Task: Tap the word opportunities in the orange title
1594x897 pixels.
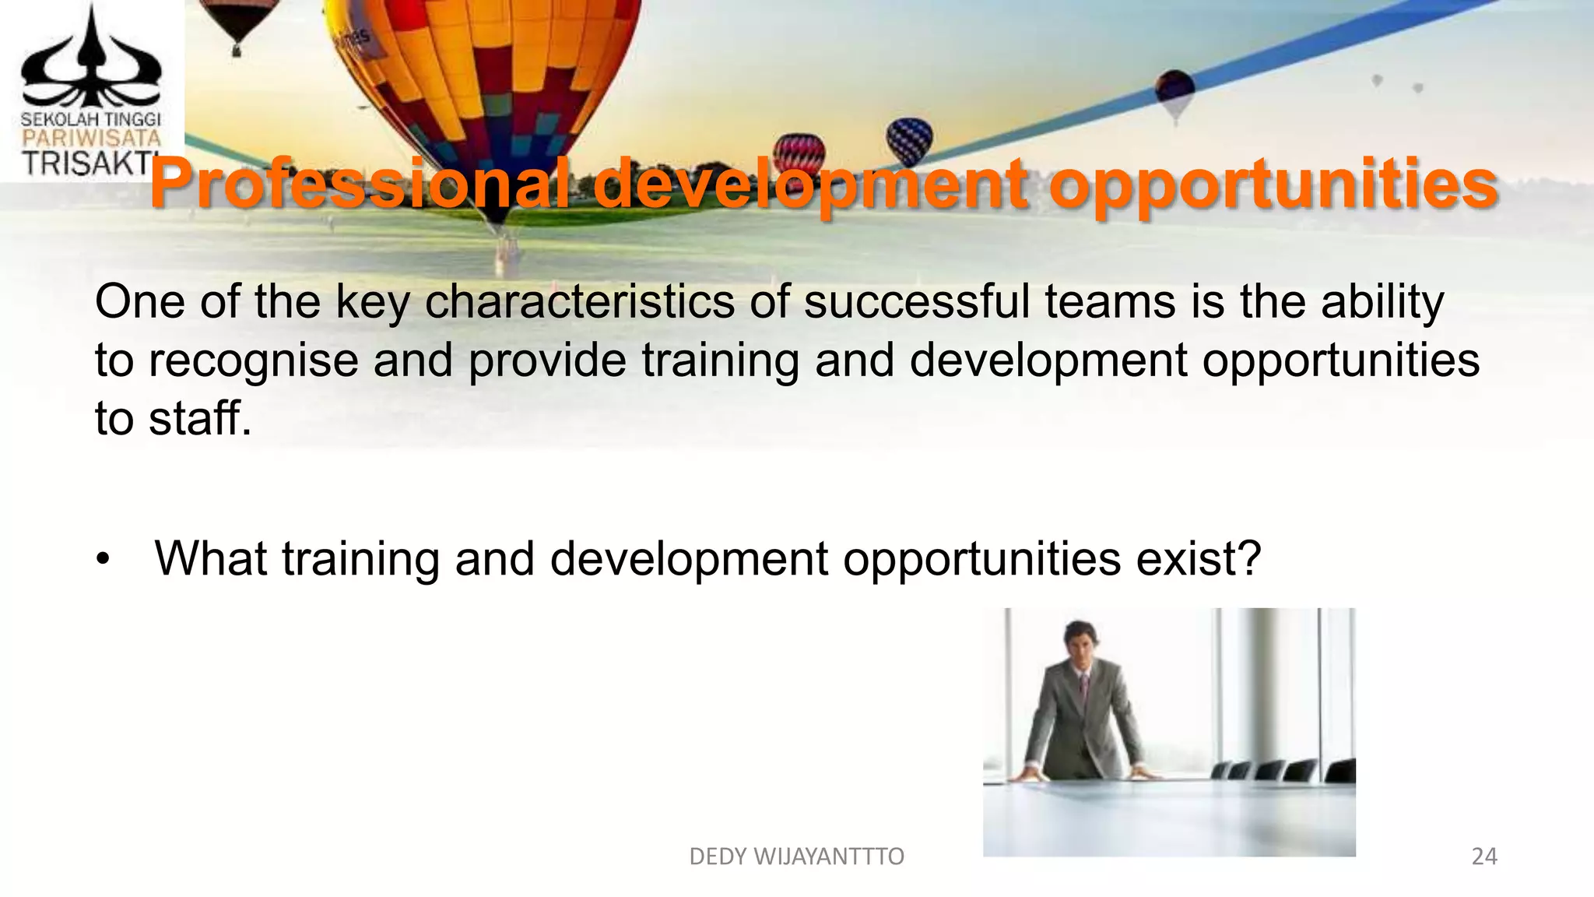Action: click(1276, 185)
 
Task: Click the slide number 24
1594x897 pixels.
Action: click(1483, 857)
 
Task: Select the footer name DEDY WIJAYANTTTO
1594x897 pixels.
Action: click(796, 857)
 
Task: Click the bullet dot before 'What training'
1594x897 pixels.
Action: click(104, 561)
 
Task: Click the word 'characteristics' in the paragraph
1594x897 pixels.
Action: click(579, 302)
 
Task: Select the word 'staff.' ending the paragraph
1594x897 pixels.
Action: click(200, 418)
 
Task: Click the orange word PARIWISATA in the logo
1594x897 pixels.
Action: click(90, 139)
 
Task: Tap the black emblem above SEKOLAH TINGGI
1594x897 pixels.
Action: click(90, 62)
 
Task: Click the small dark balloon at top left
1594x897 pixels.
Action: click(237, 21)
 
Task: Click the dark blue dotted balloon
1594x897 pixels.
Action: click(909, 140)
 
